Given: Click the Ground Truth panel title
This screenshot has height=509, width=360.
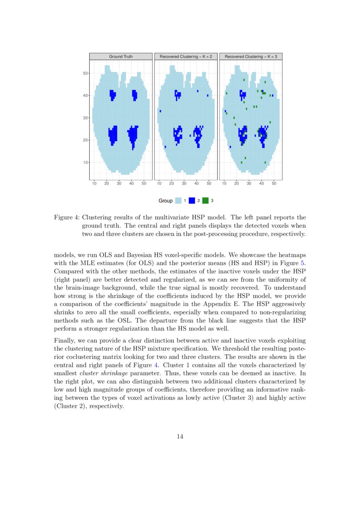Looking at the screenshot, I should (x=121, y=57).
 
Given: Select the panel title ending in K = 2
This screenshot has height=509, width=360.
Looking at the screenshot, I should (x=185, y=57).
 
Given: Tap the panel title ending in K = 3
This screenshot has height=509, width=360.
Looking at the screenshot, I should (x=251, y=57).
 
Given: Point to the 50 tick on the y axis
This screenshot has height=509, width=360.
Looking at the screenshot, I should (x=85, y=73).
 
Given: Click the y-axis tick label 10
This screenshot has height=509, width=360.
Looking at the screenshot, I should (x=85, y=162).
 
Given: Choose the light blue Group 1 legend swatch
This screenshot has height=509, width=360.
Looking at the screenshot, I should (x=178, y=201).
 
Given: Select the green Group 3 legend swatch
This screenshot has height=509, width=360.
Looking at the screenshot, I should (x=205, y=201).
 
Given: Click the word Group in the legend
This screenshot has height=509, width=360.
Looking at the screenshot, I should (x=165, y=201).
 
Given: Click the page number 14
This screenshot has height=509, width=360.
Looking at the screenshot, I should (x=180, y=437).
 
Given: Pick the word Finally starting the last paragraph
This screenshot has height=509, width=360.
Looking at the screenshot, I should (x=64, y=340).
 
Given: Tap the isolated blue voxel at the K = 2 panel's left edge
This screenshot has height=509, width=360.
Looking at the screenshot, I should (x=161, y=111).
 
